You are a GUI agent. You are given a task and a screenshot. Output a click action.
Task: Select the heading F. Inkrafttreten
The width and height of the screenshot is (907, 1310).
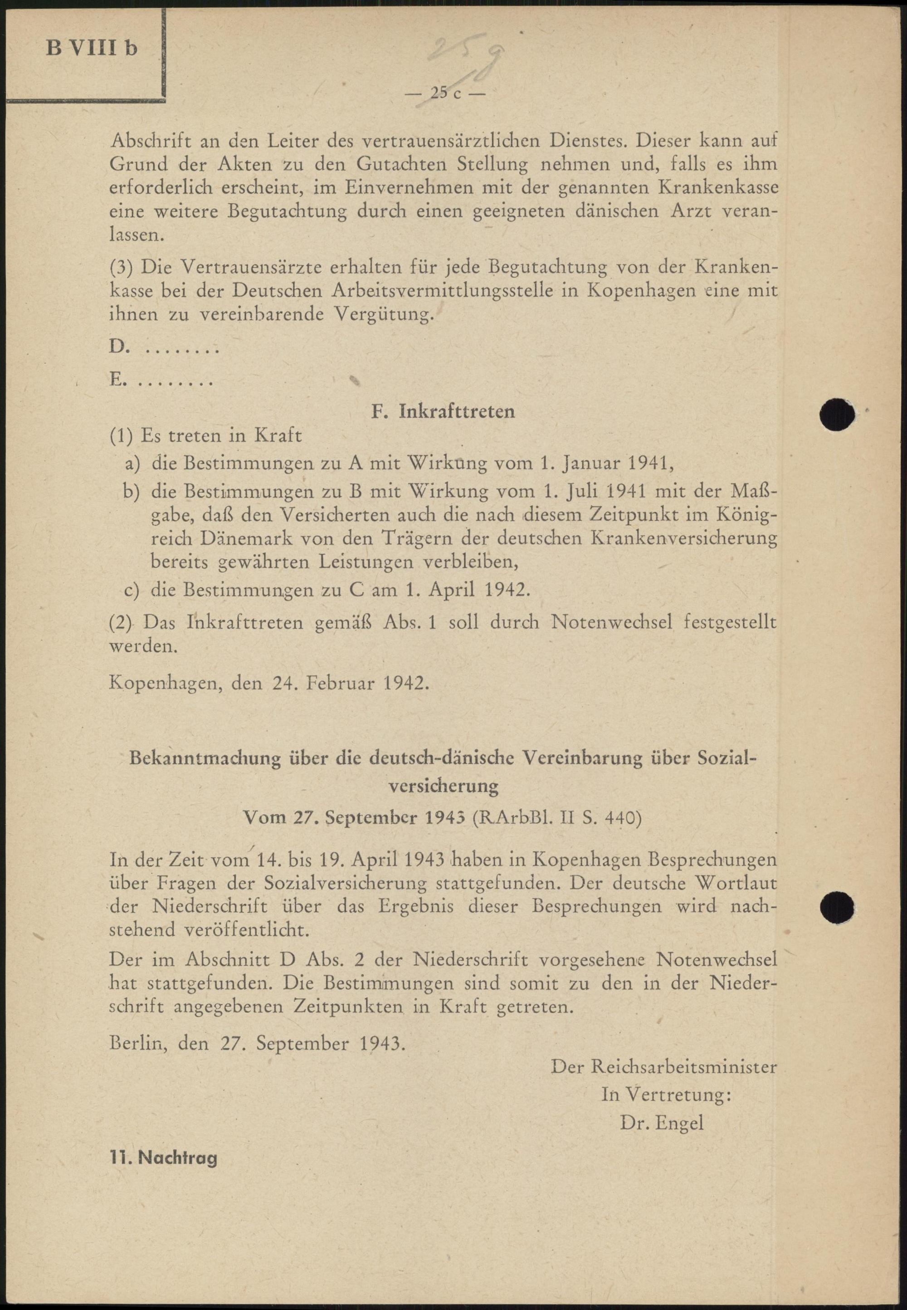443,411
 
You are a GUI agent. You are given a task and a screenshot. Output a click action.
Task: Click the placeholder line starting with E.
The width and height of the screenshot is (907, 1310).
161,380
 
